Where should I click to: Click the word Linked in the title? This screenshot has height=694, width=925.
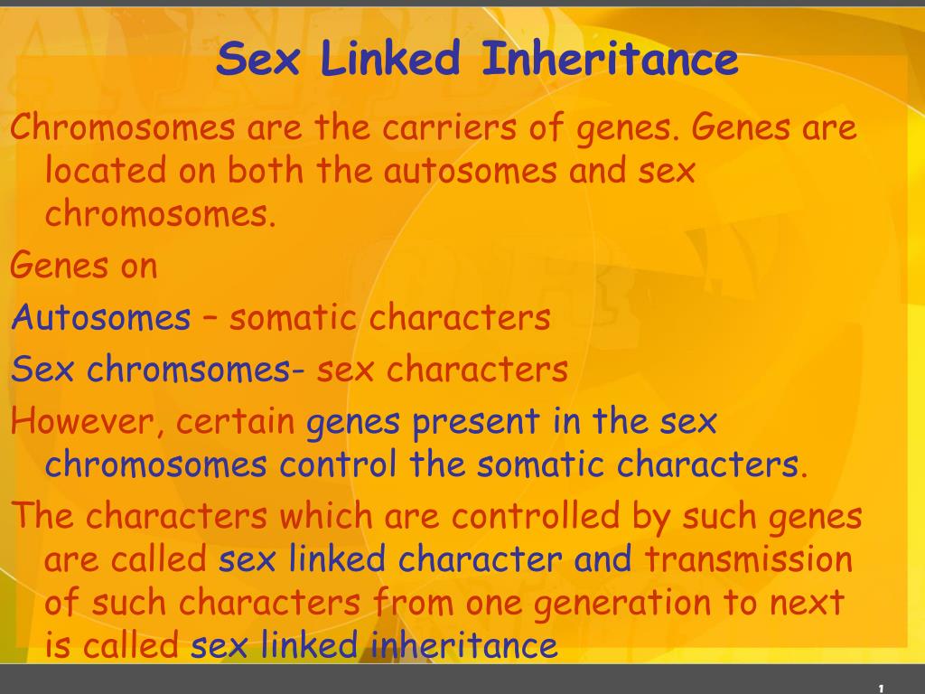390,58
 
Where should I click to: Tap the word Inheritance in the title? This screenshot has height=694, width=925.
610,58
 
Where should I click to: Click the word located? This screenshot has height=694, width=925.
107,170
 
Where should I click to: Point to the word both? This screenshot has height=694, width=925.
266,170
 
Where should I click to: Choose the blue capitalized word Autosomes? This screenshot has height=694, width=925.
101,317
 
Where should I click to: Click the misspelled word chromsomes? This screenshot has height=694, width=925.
189,369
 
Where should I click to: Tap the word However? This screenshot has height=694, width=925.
82,421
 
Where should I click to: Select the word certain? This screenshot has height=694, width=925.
236,421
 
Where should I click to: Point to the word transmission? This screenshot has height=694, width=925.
749,558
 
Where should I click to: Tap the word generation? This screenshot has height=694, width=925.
622,603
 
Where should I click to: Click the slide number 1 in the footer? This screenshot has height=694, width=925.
882,688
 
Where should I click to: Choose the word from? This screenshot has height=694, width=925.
413,602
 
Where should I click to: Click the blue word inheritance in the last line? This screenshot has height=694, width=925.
464,645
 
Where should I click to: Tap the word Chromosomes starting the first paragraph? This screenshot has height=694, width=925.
123,127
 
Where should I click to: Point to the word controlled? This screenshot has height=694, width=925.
536,515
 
